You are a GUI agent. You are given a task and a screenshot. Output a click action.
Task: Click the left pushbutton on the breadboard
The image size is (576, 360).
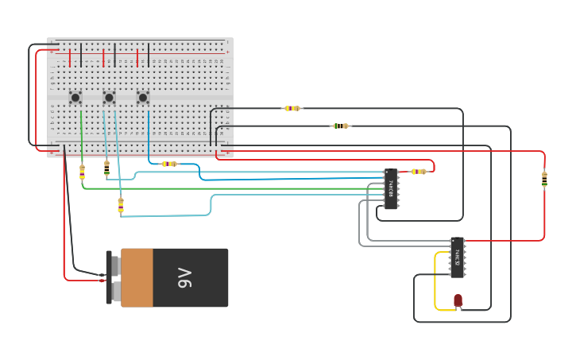click(75, 98)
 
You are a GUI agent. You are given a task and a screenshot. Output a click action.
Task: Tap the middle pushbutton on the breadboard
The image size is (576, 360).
click(109, 98)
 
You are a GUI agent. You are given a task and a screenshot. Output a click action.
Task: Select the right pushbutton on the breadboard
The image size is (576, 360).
click(143, 98)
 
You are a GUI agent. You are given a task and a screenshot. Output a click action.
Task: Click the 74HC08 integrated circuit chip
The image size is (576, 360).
click(391, 189)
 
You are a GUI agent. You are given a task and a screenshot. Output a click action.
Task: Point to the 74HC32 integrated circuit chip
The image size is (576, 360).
click(457, 257)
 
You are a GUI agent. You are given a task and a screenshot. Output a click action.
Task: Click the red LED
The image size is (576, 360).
click(458, 300)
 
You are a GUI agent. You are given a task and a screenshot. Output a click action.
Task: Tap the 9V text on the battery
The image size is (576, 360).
click(185, 277)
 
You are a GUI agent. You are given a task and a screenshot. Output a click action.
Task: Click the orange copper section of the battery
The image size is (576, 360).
click(137, 277)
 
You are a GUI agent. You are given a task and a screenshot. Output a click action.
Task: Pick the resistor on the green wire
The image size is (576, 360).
click(82, 172)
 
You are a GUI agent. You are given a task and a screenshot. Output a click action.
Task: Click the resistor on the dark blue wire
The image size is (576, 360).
click(168, 164)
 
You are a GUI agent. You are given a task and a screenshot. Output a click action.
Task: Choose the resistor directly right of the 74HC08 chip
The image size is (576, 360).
click(418, 171)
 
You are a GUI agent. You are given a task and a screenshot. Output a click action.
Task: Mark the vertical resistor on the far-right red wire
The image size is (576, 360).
click(544, 180)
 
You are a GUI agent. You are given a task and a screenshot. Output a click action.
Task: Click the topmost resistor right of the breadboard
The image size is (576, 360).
click(292, 108)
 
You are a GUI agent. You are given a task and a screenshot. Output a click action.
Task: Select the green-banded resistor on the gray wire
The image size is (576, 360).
click(340, 126)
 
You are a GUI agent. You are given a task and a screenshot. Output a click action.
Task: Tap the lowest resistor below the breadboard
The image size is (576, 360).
click(121, 205)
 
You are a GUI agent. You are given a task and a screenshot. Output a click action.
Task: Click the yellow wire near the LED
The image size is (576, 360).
click(435, 282)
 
